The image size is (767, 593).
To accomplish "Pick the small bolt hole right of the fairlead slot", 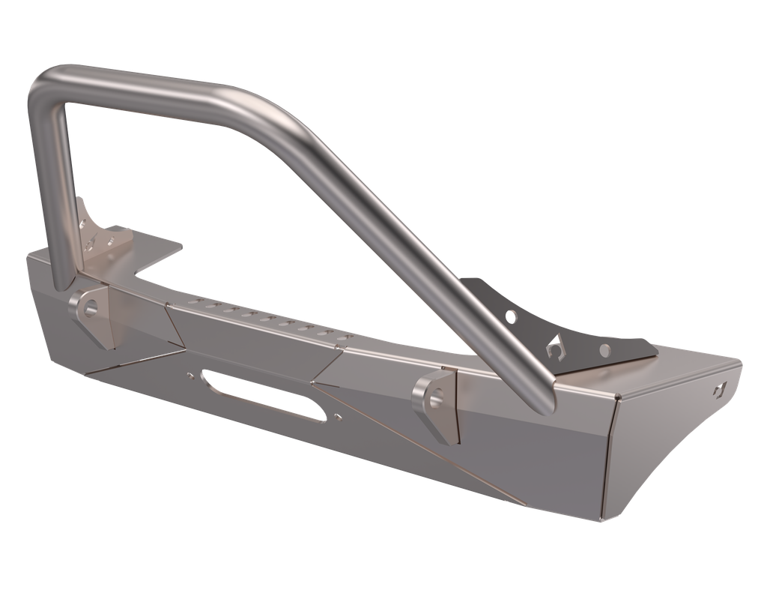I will pyautogui.click(x=338, y=416).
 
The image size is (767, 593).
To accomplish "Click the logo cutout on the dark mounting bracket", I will pyautogui.click(x=555, y=346).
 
